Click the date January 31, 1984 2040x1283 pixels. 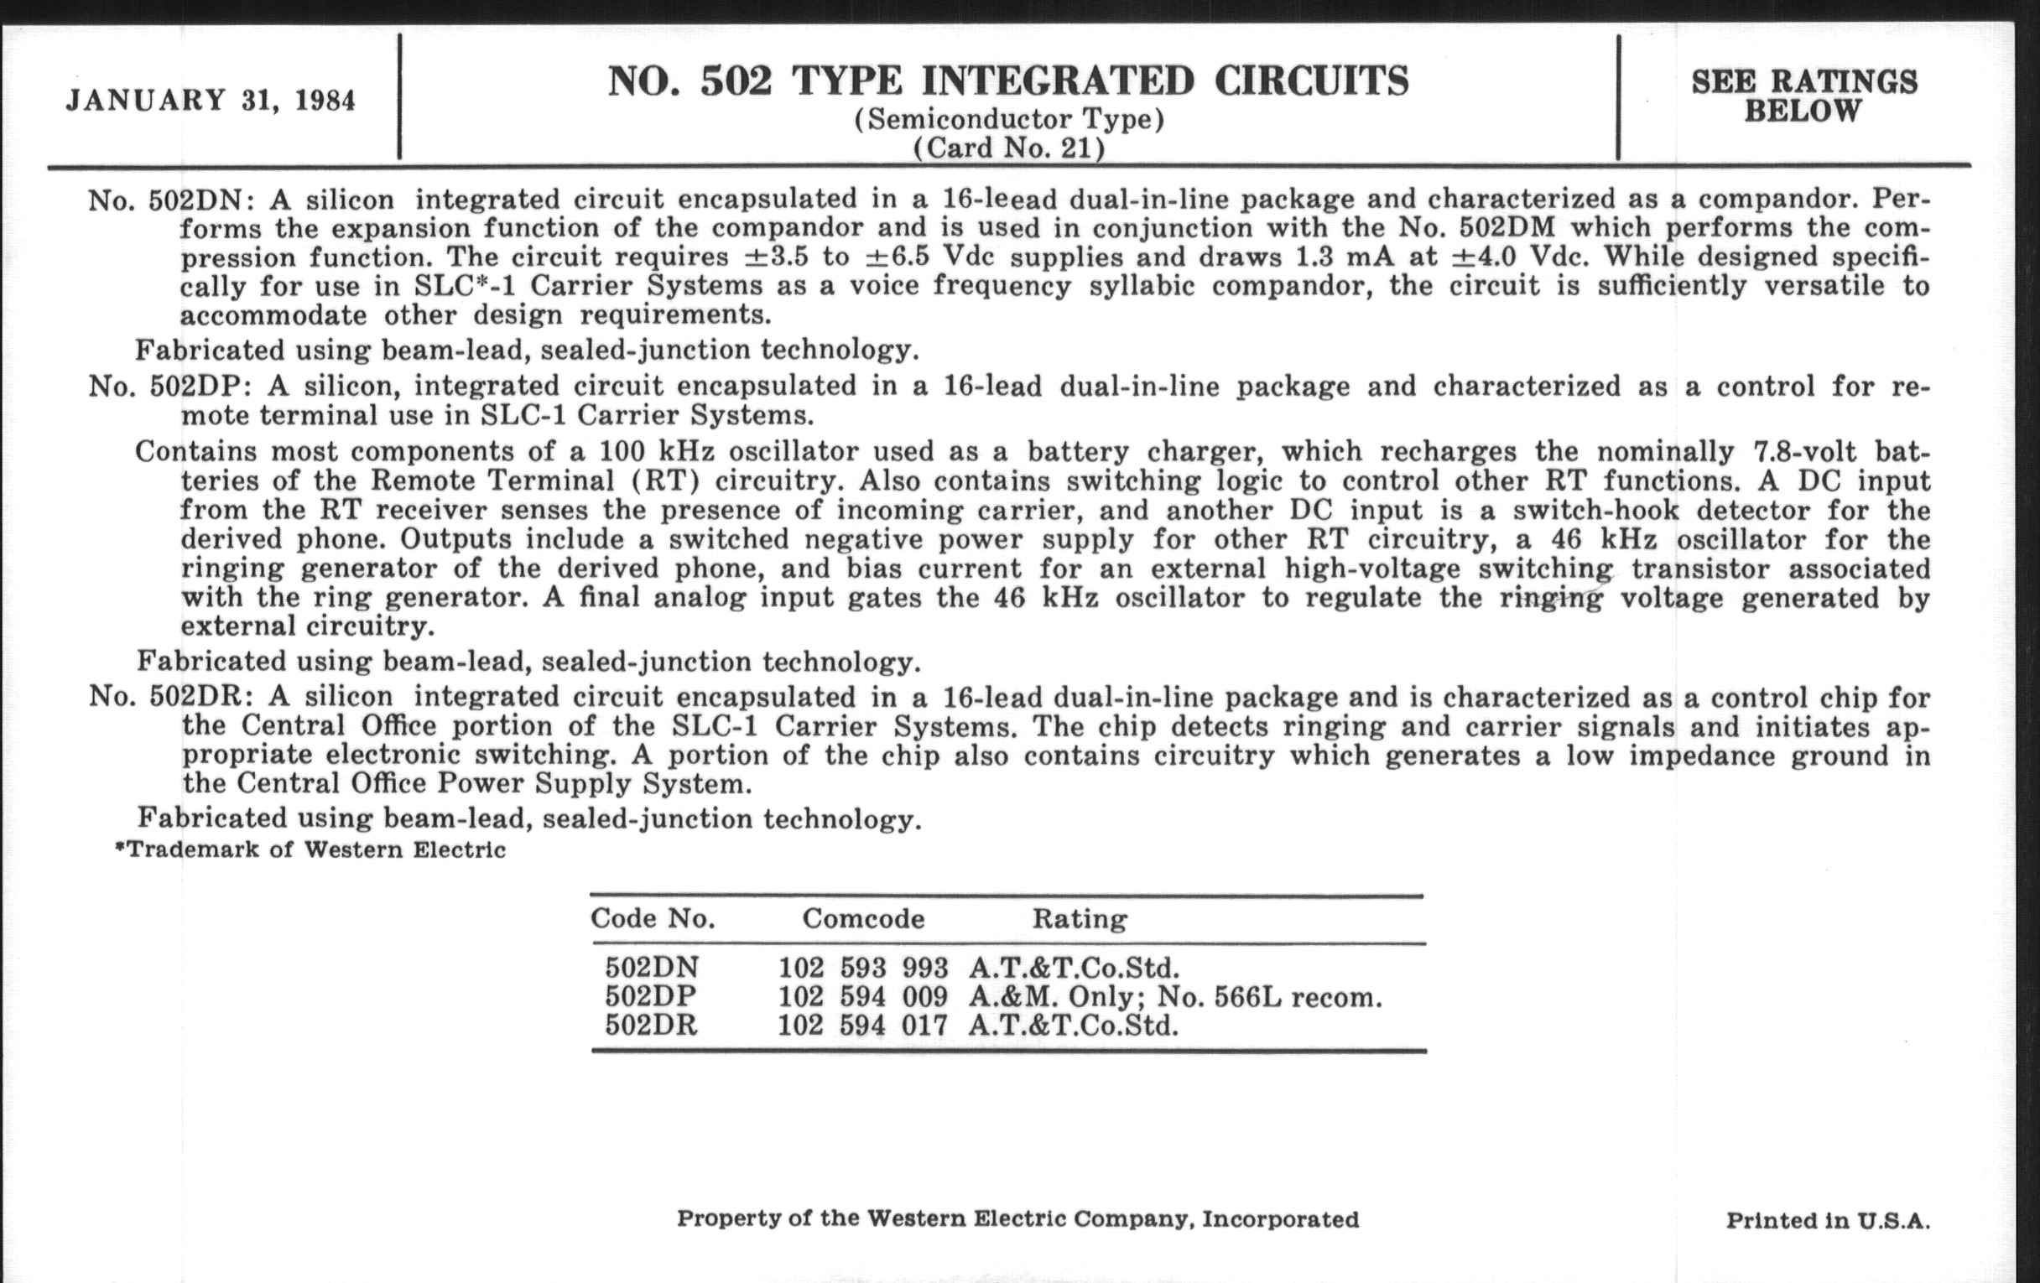click(211, 100)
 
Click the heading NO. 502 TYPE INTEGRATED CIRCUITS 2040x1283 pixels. click(1008, 81)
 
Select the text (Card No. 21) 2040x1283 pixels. click(1008, 148)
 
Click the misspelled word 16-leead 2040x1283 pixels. click(999, 199)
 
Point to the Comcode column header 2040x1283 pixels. click(862, 918)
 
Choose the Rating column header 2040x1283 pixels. click(1079, 918)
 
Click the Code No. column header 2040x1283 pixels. click(653, 918)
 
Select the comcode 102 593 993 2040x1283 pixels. click(862, 967)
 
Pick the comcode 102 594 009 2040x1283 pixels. click(862, 997)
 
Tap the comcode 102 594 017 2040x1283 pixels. click(862, 1026)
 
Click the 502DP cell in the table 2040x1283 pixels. click(651, 997)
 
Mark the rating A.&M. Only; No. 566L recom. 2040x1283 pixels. click(1174, 997)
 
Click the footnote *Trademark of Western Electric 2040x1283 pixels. click(310, 849)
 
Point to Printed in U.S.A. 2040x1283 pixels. click(1827, 1220)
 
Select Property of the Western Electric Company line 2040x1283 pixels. click(1017, 1218)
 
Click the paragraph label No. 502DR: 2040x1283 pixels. click(170, 696)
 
